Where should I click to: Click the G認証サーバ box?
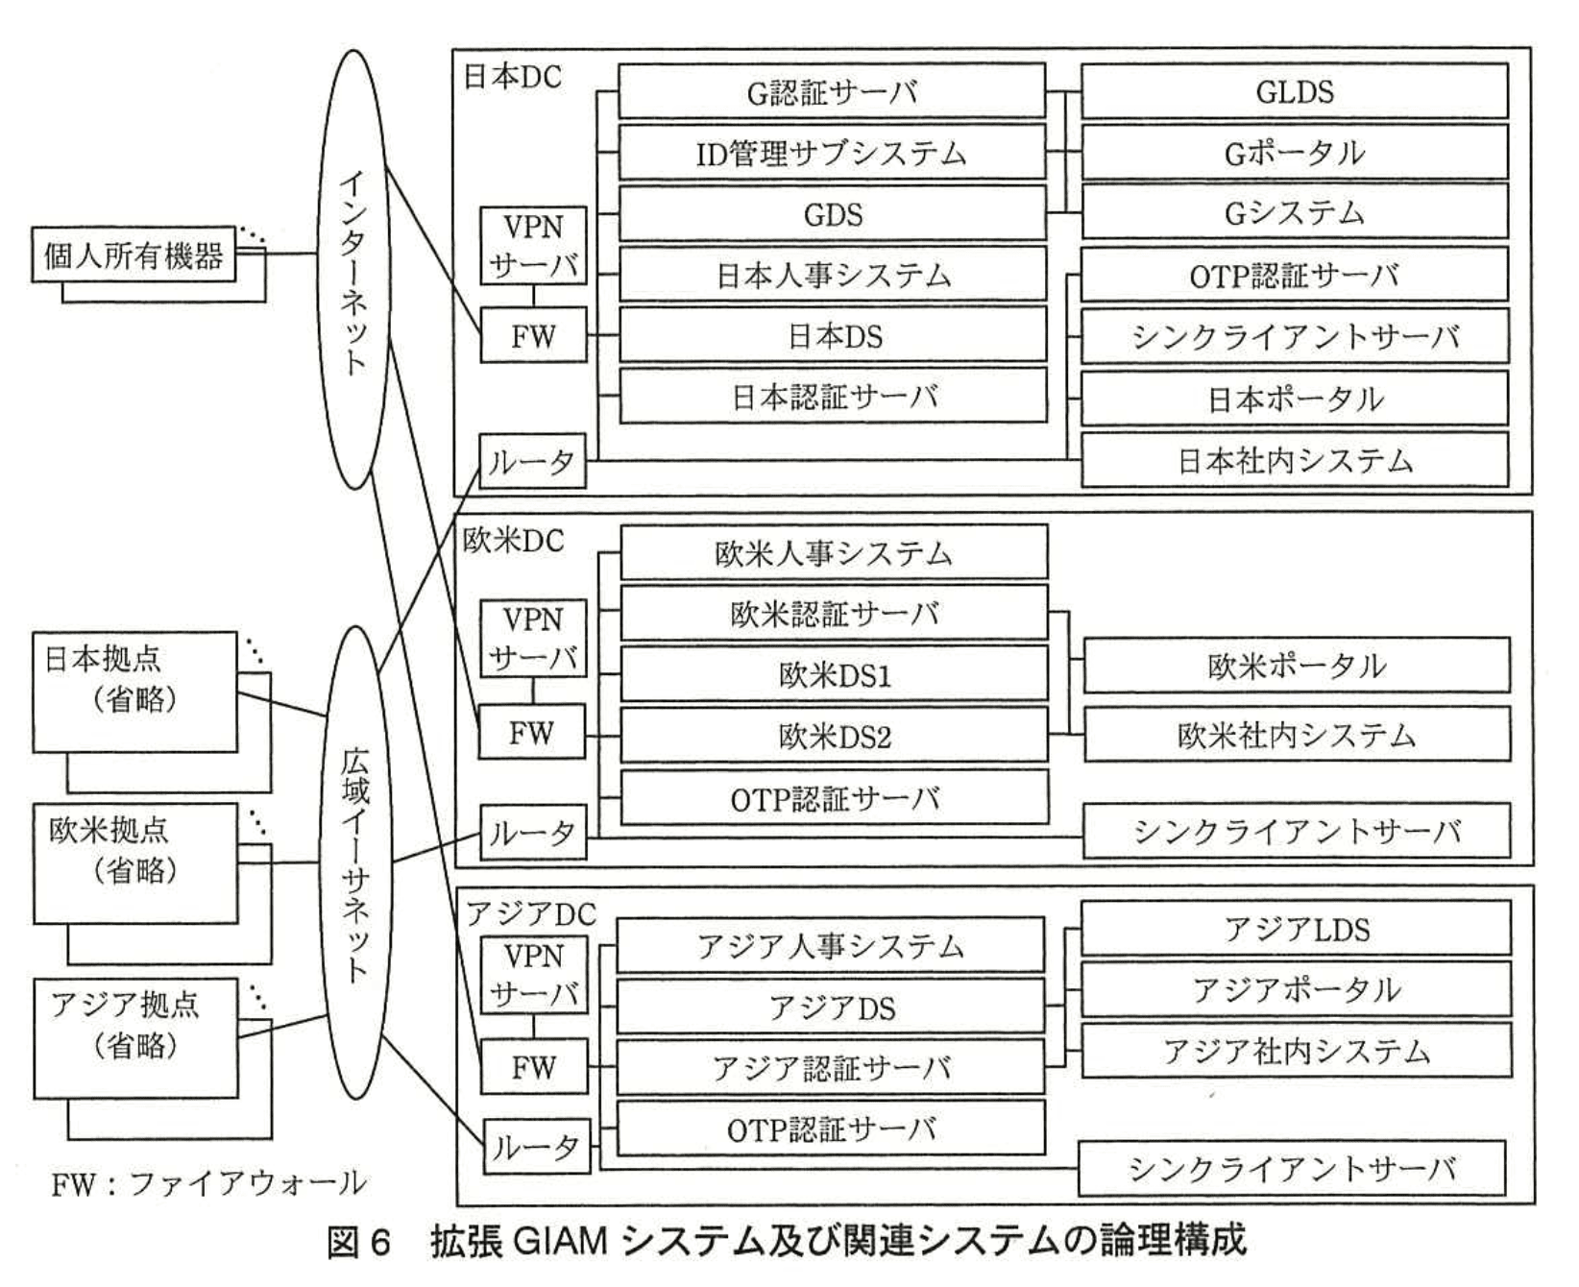pos(832,92)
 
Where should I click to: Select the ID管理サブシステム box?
pos(832,154)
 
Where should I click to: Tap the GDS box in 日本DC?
pos(832,214)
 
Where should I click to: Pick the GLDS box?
pos(1294,92)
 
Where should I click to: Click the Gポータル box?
pos(1294,154)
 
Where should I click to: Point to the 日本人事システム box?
pos(832,276)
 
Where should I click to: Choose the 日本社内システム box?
pos(1294,460)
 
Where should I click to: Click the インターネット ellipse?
pos(353,269)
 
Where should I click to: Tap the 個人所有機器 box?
pos(134,255)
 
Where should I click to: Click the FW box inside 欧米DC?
pos(532,734)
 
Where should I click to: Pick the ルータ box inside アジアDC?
pos(534,1146)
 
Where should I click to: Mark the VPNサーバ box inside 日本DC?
pos(533,246)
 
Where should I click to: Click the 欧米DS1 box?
pos(834,674)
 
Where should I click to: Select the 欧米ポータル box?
pos(1296,666)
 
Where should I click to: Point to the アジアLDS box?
pos(1296,929)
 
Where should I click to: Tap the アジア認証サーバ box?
pos(830,1068)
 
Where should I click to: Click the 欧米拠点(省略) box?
pos(134,863)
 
